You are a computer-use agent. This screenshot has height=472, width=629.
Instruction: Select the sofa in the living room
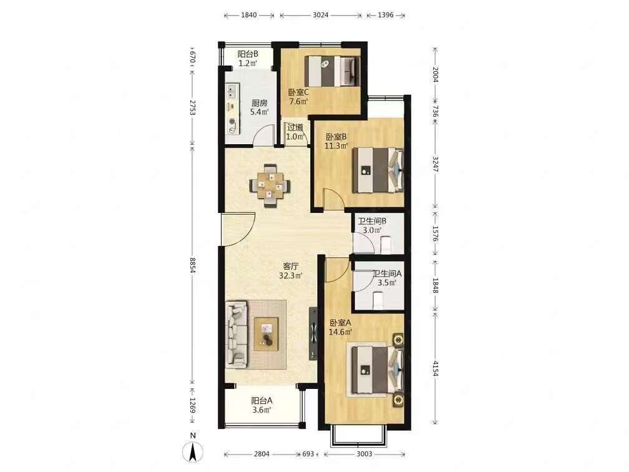coord(236,335)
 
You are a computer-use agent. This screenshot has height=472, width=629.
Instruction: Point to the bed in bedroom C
coord(332,71)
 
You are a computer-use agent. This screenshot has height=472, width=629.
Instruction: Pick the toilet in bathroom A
coord(379,301)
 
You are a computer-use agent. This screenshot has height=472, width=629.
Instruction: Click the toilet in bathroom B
coord(386,245)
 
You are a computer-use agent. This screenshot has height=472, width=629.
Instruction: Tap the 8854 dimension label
coord(193,265)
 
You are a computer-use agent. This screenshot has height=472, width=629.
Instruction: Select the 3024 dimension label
coord(321,15)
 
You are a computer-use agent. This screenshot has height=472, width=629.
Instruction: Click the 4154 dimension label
coord(436,368)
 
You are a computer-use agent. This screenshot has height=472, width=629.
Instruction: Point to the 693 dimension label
coord(308,454)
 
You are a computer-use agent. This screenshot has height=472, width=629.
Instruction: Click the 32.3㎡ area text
coord(290,276)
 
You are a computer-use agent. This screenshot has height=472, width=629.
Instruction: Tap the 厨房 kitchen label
coord(259,103)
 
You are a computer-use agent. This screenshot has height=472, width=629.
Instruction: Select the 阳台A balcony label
coord(262,401)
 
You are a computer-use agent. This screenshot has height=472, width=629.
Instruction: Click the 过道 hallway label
coord(295,127)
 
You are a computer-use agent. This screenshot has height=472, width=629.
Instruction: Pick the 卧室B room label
coord(336,137)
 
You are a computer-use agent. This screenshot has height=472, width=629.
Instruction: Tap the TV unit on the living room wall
coord(313,333)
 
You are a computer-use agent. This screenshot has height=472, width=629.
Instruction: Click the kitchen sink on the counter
coord(232,92)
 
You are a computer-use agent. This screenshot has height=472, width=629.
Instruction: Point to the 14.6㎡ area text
coord(341,332)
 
